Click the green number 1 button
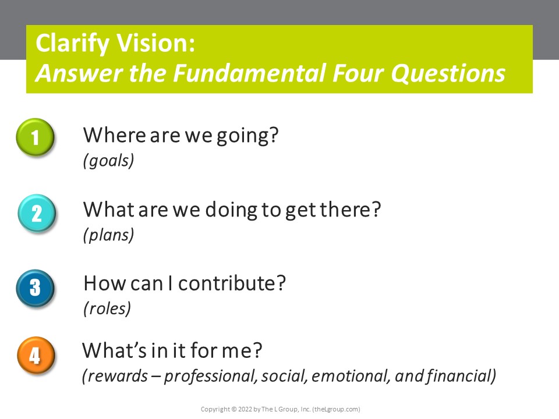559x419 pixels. [x=35, y=138]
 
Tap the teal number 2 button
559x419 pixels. [x=36, y=213]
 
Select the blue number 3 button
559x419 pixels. [x=35, y=287]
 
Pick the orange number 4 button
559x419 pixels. [x=35, y=355]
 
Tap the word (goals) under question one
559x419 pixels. [x=109, y=160]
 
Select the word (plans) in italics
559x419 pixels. [x=108, y=235]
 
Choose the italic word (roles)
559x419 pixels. [x=107, y=308]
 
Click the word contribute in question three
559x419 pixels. [x=232, y=283]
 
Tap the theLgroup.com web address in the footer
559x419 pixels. [x=336, y=409]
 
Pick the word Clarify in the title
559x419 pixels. [x=72, y=45]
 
